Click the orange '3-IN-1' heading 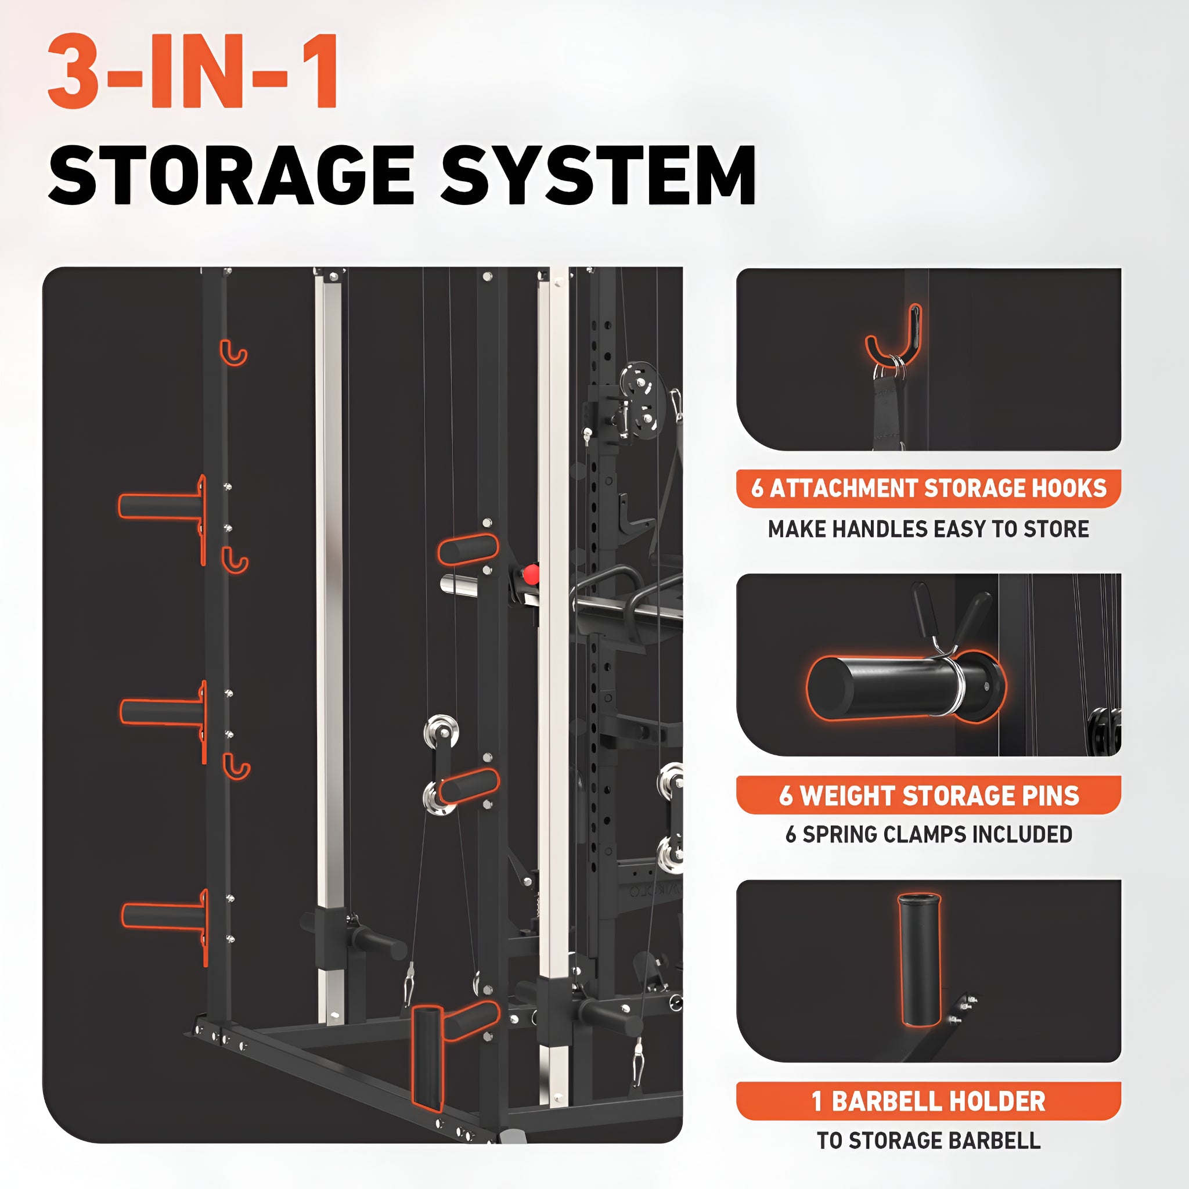coord(193,72)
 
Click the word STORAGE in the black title coord(231,176)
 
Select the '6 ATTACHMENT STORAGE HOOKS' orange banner coord(928,488)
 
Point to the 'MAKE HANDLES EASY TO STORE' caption coord(928,529)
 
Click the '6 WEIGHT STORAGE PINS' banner coord(928,795)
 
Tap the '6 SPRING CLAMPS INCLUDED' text coord(928,834)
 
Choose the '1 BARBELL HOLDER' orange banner coord(928,1101)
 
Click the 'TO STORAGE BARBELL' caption coord(928,1140)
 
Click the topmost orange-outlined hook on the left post coord(233,352)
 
